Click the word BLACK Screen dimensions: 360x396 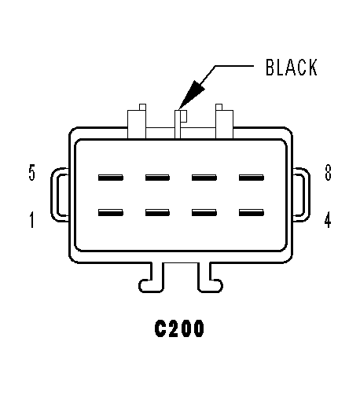[292, 68]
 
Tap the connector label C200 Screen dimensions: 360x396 [179, 328]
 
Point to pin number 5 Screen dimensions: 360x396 [31, 172]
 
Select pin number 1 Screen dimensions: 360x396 [31, 219]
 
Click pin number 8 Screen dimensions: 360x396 [328, 172]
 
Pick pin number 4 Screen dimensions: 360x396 [328, 219]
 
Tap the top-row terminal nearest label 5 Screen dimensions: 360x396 [111, 178]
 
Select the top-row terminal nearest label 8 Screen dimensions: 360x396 [252, 178]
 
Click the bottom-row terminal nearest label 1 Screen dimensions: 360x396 [111, 212]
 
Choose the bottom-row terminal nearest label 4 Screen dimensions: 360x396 [252, 212]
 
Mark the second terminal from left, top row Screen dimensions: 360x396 [157, 178]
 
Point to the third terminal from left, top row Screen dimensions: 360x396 [204, 178]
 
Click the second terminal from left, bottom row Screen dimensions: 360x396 [157, 212]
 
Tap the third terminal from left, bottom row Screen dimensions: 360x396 [204, 212]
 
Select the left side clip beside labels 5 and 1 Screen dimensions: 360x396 [53, 195]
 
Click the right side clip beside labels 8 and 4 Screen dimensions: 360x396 [308, 195]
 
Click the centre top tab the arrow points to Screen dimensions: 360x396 [178, 124]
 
